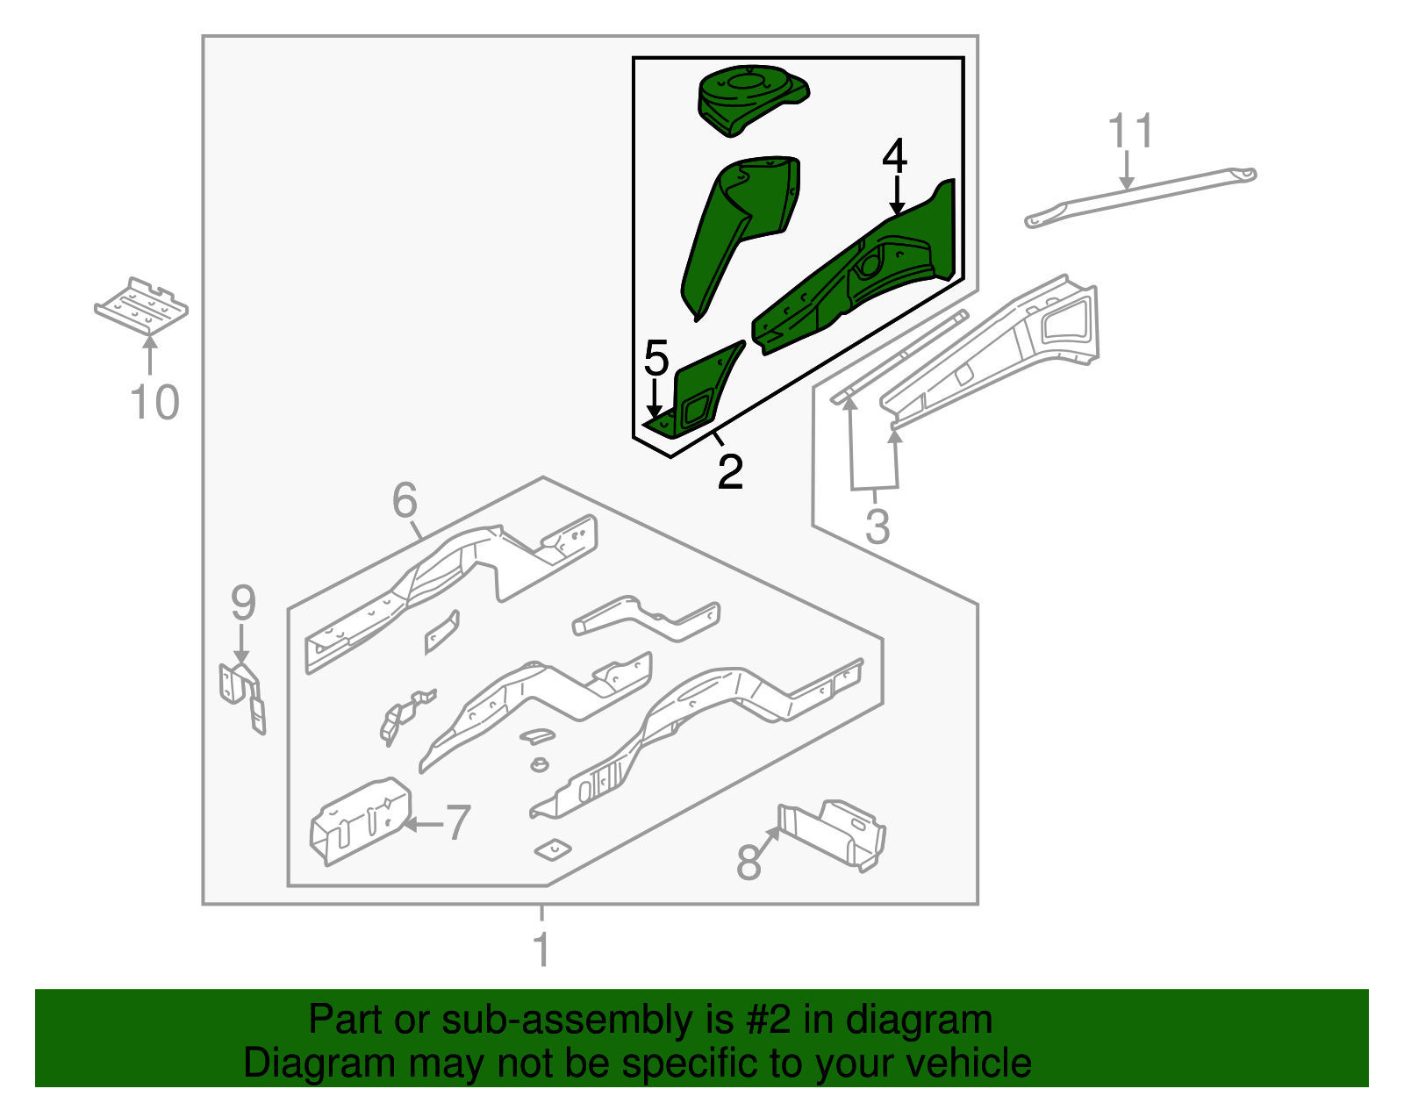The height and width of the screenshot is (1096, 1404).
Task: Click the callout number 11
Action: point(1130,132)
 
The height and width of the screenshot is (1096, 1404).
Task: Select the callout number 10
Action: point(154,403)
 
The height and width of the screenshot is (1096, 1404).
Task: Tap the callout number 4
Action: point(894,156)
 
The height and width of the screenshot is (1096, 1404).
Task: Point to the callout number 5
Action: point(656,359)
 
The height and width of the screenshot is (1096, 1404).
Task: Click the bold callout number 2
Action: point(730,472)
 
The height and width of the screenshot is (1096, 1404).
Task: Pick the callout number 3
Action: point(877,527)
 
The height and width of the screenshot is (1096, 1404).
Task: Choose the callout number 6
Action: point(405,501)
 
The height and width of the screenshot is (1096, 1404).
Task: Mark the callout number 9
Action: point(243,604)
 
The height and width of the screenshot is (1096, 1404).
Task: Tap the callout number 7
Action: point(458,823)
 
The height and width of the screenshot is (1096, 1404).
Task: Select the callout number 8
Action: point(749,863)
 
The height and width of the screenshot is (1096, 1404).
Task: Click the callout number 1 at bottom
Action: point(541,949)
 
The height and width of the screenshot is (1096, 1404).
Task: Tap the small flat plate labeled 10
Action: point(142,307)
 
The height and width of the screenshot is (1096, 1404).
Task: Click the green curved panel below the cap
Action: point(741,228)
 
